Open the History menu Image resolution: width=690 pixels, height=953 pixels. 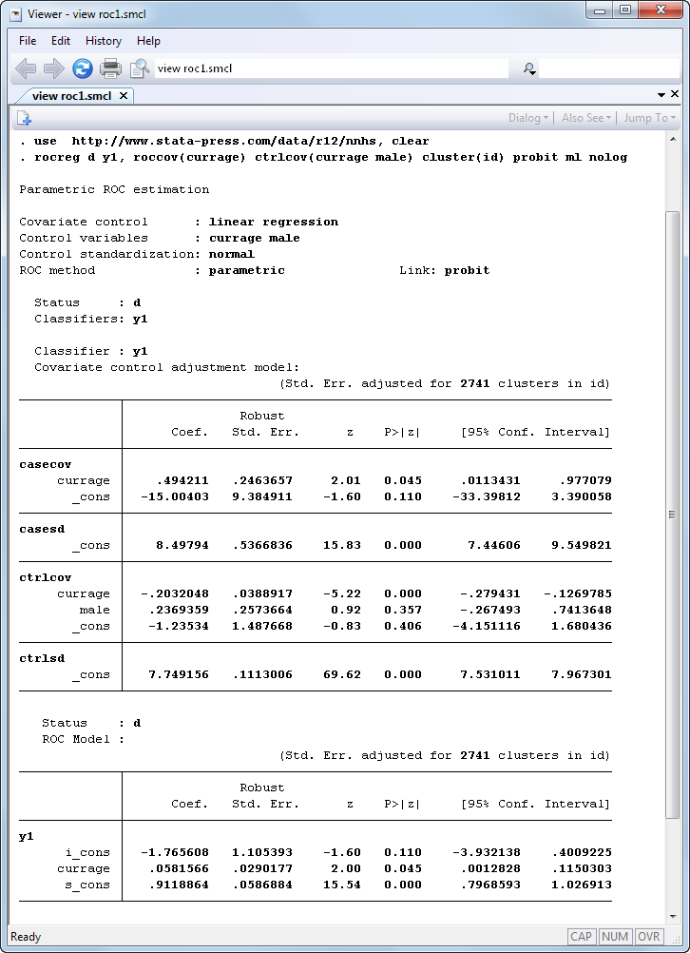[x=103, y=41]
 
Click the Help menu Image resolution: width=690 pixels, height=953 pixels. [x=148, y=41]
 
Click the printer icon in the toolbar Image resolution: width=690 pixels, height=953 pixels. [x=111, y=68]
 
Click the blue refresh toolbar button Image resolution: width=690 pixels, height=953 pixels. [x=83, y=68]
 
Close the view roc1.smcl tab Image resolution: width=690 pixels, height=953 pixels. [x=124, y=95]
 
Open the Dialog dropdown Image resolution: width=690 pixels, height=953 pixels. [x=528, y=118]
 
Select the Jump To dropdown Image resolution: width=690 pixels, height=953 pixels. [x=649, y=118]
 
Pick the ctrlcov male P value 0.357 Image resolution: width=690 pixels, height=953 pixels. [x=403, y=610]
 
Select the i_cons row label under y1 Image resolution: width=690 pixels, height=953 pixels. [x=87, y=852]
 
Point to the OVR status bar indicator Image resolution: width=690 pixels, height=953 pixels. [x=649, y=937]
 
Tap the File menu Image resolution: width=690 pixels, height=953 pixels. [x=28, y=41]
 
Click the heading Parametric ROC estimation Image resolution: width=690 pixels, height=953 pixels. [x=114, y=189]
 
